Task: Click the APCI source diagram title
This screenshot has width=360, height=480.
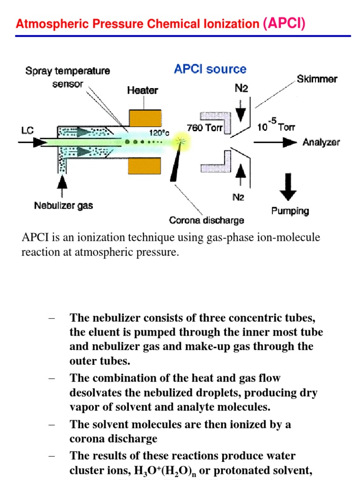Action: [x=210, y=69]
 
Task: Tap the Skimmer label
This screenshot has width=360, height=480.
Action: [x=317, y=79]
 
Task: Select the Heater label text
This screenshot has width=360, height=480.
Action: [x=142, y=90]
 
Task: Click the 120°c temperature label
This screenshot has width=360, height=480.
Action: [x=159, y=132]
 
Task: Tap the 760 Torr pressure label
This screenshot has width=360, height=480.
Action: [x=204, y=128]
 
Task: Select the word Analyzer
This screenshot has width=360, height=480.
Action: [x=322, y=142]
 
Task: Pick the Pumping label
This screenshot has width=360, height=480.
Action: [x=290, y=211]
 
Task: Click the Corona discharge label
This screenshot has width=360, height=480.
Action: [x=207, y=220]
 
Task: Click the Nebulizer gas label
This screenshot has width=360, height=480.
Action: [x=64, y=206]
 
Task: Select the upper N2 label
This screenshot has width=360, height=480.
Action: [x=241, y=89]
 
